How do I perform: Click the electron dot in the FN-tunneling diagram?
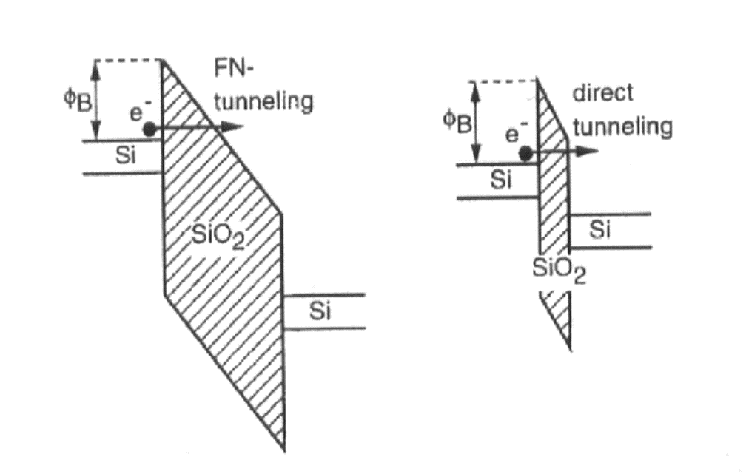pos(149,128)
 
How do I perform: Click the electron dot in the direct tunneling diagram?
pos(525,153)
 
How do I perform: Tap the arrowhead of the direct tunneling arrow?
pos(589,152)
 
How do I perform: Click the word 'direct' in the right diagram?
pos(603,94)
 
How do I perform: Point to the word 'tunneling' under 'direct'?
pos(622,126)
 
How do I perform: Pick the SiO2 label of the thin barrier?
pos(559,272)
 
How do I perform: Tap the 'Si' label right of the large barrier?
pos(320,311)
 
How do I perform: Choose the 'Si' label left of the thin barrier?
pos(502,181)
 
